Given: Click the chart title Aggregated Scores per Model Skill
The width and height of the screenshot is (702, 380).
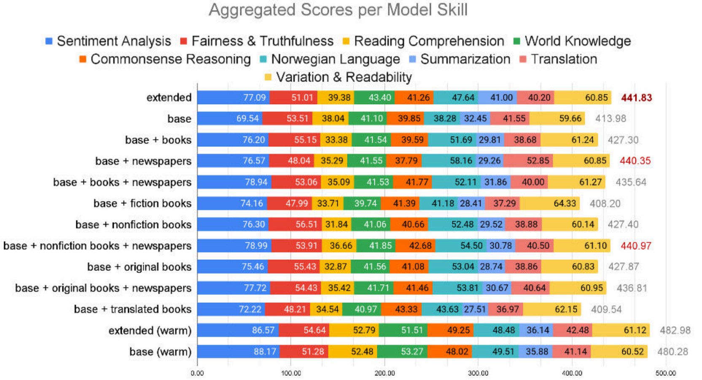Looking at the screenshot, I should coord(338,10).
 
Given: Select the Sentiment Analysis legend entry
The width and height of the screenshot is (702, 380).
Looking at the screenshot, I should coord(108,41).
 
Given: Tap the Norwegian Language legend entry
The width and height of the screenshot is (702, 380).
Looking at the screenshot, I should coord(330,59).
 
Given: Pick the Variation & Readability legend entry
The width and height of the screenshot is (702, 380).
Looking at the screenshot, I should coord(338,77).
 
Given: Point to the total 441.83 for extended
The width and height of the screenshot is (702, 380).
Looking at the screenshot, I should coord(636,98).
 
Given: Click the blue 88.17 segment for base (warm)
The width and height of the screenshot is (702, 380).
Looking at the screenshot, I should coord(238,351).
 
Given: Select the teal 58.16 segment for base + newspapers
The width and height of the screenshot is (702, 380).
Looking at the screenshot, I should coord(449,161).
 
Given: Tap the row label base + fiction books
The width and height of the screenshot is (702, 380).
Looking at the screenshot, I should coord(143,203).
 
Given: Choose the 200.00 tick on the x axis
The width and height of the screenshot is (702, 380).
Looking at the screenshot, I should coord(385,373).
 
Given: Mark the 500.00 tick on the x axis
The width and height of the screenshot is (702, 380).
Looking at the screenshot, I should coord(665,373).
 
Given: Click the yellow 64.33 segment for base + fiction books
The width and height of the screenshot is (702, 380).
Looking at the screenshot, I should coord(550,203).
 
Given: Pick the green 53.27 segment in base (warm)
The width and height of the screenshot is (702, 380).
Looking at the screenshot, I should coord(402,351).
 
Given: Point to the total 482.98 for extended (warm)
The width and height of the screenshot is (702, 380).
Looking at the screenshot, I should coord(675,330).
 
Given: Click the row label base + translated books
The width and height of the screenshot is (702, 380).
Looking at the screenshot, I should coord(132,309).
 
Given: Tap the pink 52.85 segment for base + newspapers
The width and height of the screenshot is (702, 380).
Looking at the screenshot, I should coord(528,161).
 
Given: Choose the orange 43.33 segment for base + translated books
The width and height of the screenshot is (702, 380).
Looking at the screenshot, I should coord(401,309).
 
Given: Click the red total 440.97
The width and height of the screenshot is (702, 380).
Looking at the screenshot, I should coord(636,245).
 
